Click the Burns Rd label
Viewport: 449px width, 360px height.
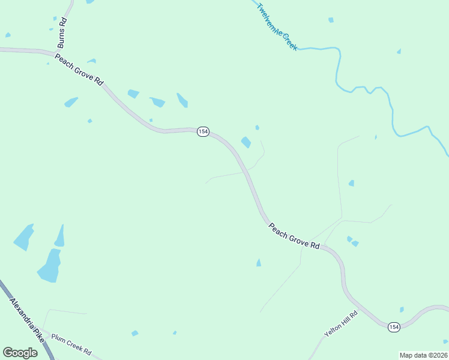tap(62, 33)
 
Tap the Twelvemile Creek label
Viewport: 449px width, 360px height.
tap(277, 27)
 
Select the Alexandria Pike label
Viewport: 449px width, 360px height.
tap(28, 318)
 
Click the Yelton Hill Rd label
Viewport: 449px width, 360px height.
tap(341, 324)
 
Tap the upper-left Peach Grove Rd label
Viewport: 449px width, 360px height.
tap(79, 70)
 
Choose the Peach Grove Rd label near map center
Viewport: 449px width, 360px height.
tap(294, 236)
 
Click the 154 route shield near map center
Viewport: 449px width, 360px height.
tap(203, 131)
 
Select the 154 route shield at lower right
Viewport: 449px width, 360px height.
tap(393, 326)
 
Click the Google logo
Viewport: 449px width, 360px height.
tap(20, 353)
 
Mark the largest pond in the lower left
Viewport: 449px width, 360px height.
tap(50, 266)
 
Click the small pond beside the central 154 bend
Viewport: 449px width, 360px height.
tap(246, 142)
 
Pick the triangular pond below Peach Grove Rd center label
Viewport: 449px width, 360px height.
tap(259, 263)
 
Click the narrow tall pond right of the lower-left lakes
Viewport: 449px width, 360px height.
tap(59, 236)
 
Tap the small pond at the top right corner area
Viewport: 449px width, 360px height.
tap(331, 20)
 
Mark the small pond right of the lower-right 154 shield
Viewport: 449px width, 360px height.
tap(402, 310)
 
